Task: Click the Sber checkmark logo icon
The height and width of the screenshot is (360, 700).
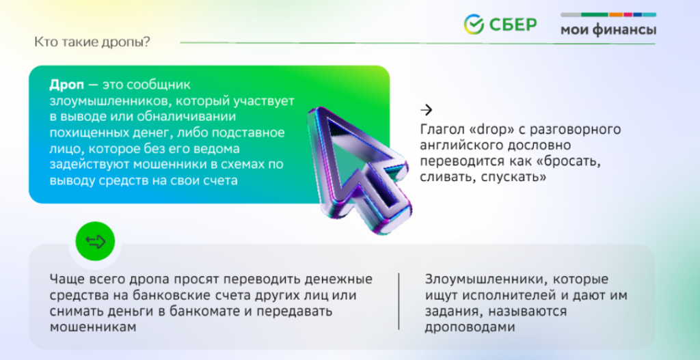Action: coord(474,24)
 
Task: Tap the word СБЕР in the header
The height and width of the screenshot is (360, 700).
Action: coord(513,25)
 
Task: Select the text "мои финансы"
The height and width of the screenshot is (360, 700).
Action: coord(608,30)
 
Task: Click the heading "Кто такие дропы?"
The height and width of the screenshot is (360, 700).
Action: coord(92,42)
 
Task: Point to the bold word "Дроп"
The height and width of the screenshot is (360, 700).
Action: coord(66,85)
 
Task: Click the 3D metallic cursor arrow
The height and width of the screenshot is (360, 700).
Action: coord(360,169)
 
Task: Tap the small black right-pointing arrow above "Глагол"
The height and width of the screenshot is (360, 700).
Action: coord(427,110)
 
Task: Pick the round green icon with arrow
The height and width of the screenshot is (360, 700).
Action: coord(95,241)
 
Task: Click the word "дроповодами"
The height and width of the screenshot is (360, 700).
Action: coord(470,327)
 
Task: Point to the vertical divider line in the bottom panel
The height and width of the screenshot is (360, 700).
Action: coord(399,301)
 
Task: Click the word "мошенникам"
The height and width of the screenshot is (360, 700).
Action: coord(93,327)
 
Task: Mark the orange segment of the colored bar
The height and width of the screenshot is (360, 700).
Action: coord(616,15)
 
